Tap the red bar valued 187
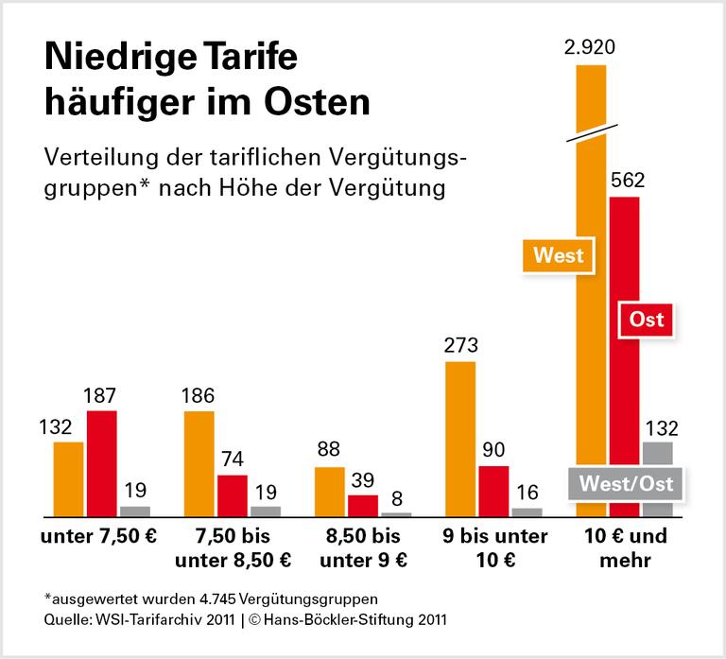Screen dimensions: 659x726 point(101,463)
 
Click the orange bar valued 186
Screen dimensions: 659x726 point(199,463)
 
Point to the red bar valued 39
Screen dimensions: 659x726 point(362,505)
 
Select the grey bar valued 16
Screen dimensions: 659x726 point(527,512)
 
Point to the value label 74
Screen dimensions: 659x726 point(233,459)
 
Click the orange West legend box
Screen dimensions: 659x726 point(559,255)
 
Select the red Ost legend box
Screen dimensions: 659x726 point(648,320)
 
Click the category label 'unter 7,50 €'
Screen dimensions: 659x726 point(98,537)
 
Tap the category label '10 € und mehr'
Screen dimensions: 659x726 point(625,548)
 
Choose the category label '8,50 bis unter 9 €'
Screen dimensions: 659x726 point(362,548)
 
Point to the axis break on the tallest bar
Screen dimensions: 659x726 point(593,130)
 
